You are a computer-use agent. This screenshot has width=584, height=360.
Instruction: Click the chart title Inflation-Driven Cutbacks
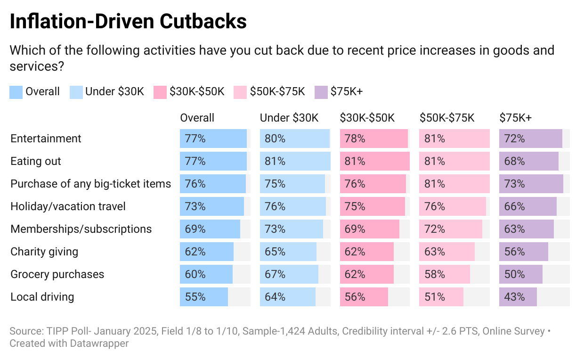point(128,22)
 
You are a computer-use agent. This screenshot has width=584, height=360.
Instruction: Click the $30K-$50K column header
point(367,118)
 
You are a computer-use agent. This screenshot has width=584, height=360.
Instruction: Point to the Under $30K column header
point(289,118)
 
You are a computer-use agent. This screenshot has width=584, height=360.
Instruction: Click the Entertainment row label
point(46,139)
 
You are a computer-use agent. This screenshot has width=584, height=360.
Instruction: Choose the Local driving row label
point(42,297)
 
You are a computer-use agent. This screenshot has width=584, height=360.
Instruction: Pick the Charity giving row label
point(44,252)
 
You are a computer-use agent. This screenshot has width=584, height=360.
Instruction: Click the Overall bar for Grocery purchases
point(206,274)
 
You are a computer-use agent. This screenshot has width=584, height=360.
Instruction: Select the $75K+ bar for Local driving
point(518,297)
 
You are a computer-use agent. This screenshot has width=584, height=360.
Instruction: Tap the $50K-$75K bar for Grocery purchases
point(445,274)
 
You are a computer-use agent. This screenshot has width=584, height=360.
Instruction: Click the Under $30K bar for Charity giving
point(288,252)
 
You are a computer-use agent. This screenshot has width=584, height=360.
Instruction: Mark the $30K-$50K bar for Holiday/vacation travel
point(372,206)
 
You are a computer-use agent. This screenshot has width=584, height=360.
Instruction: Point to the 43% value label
point(514,297)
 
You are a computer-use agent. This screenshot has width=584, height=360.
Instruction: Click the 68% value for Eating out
point(514,161)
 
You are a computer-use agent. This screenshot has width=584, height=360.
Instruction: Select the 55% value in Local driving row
point(195,297)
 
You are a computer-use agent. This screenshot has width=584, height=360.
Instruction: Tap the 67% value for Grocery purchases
point(275,274)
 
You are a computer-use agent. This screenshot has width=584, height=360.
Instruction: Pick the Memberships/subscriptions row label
point(81,229)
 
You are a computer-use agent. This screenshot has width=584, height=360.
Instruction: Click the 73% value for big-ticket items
point(514,184)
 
